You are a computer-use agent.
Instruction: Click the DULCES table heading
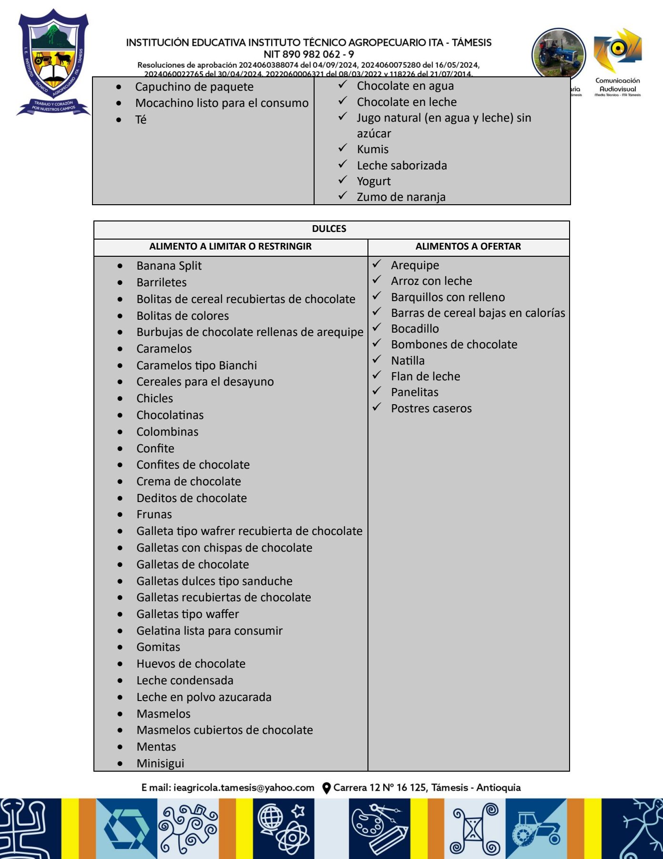pyautogui.click(x=329, y=229)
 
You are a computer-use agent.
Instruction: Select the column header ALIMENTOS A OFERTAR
pyautogui.click(x=468, y=247)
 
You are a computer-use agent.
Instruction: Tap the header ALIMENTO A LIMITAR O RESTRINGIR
pyautogui.click(x=230, y=247)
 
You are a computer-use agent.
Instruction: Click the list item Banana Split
pyautogui.click(x=169, y=266)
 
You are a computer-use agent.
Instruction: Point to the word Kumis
pyautogui.click(x=372, y=149)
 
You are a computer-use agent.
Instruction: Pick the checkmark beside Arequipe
pyautogui.click(x=377, y=264)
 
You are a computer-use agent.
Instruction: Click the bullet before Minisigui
pyautogui.click(x=120, y=764)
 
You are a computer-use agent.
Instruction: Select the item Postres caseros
pyautogui.click(x=431, y=409)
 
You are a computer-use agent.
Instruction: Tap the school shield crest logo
pyautogui.click(x=53, y=62)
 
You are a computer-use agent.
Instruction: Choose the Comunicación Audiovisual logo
pyautogui.click(x=617, y=62)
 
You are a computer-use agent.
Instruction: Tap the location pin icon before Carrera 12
pyautogui.click(x=326, y=788)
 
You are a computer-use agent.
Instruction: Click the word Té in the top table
pyautogui.click(x=141, y=120)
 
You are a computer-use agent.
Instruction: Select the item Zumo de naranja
pyautogui.click(x=401, y=197)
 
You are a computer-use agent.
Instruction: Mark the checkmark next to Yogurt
pyautogui.click(x=343, y=180)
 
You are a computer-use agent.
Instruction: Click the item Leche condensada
pyautogui.click(x=184, y=681)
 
